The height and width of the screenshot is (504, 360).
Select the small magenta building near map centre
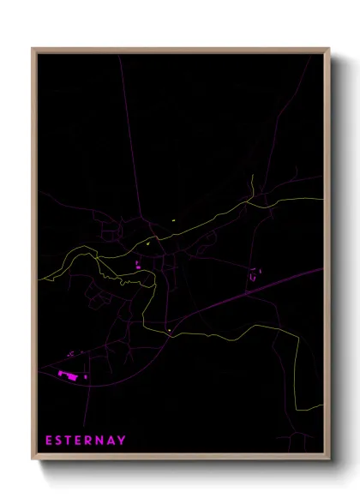tap(137, 266)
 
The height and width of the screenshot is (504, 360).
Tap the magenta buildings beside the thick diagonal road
tap(255, 276)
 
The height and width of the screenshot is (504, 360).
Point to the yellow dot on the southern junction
tap(170, 331)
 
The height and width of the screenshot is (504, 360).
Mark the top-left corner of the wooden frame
tap(33, 49)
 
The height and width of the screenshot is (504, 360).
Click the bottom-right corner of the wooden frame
tap(329, 460)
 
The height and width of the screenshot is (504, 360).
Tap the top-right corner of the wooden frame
tap(329, 49)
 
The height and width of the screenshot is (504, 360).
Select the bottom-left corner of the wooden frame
tap(33, 460)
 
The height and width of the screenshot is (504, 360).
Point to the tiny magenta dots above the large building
tap(71, 353)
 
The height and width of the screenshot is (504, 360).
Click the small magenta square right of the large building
tap(86, 376)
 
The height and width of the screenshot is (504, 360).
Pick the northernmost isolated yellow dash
tap(173, 220)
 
